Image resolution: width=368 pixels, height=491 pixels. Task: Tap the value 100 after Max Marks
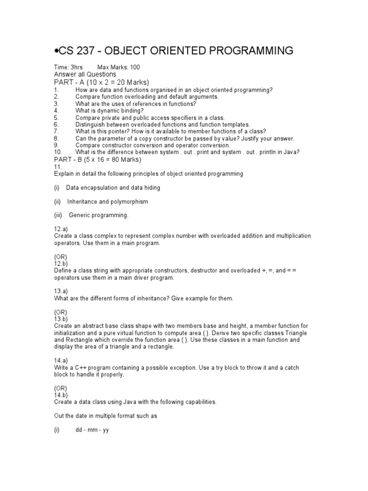[x=135, y=68]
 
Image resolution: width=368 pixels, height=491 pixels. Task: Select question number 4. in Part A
[x=56, y=110]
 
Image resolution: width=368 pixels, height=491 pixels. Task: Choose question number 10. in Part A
[x=57, y=152]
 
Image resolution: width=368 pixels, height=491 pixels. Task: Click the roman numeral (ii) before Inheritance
[x=57, y=201]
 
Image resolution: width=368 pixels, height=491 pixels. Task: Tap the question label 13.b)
[x=61, y=319]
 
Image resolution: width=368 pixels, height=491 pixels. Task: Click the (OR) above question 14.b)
[x=61, y=388]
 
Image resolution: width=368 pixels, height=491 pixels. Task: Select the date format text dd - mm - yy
[x=92, y=430]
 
